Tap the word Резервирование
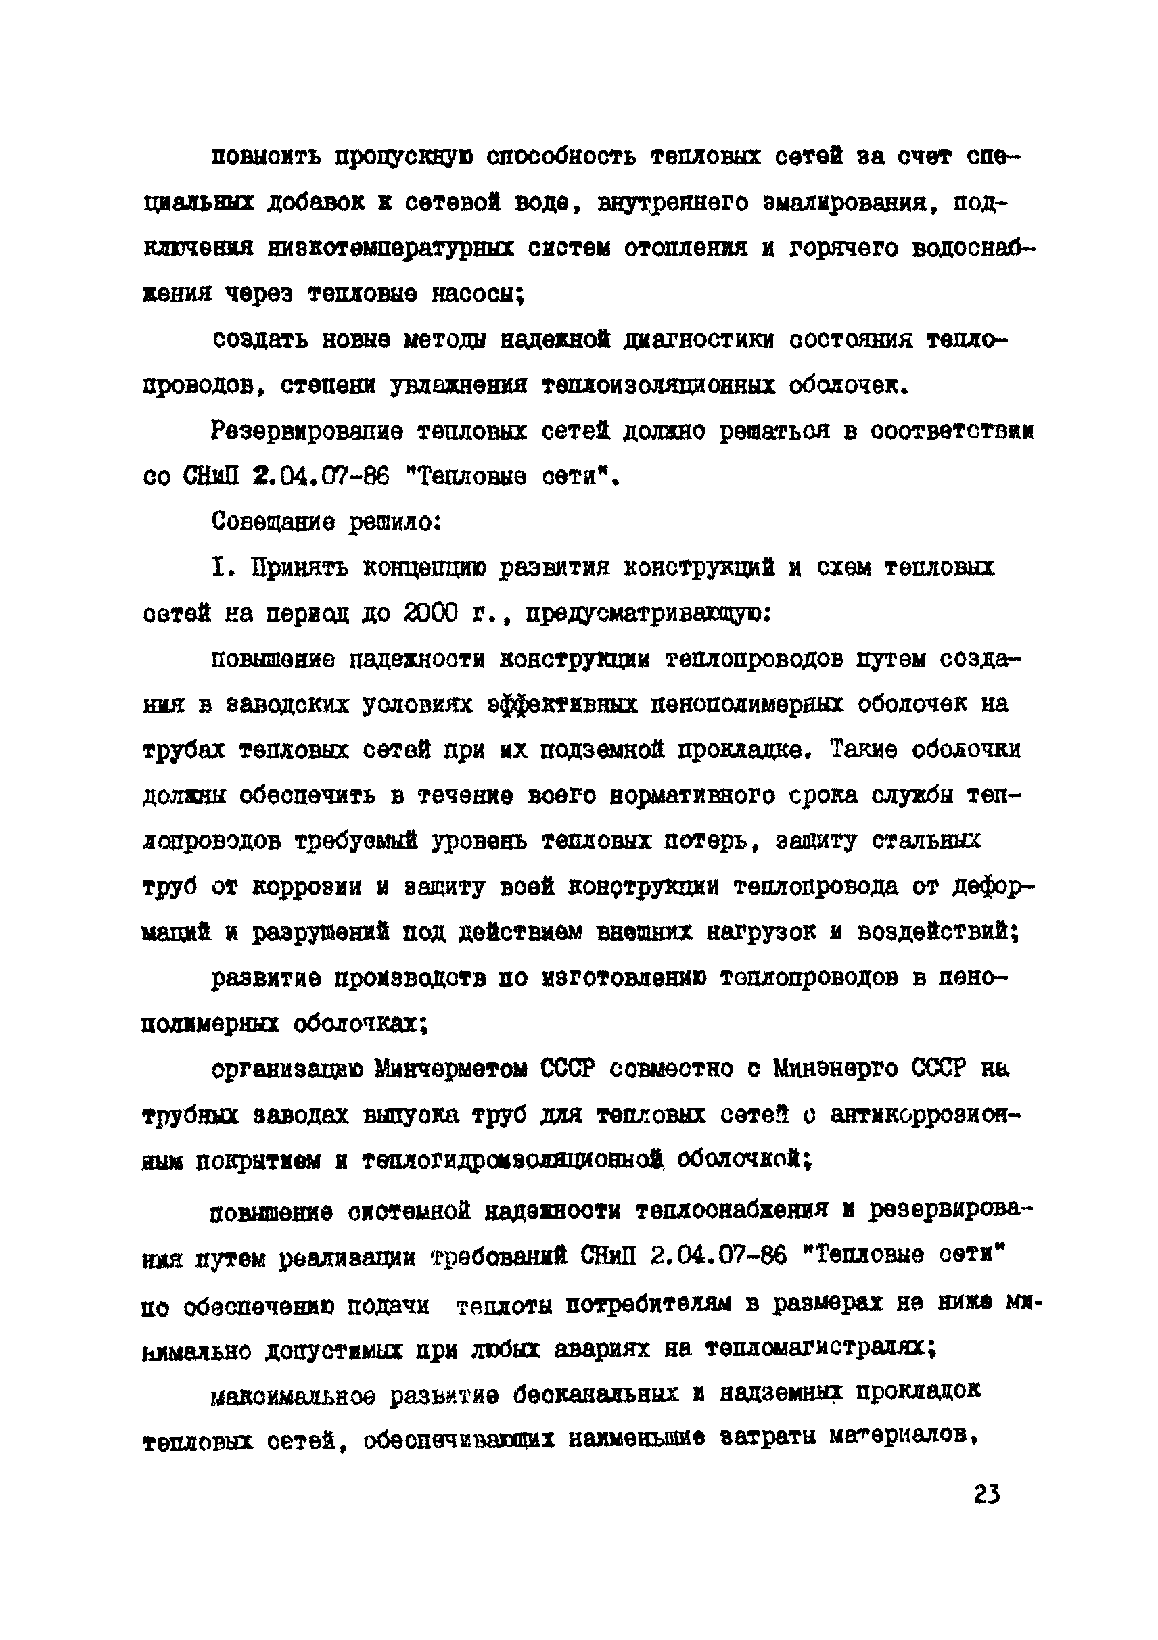click(307, 431)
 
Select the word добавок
click(316, 204)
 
